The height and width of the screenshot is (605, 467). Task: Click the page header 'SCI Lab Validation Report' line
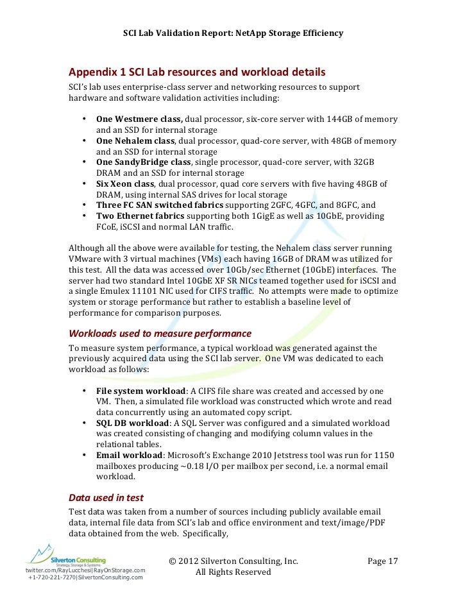pyautogui.click(x=233, y=33)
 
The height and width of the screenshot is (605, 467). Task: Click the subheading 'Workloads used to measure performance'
pyautogui.click(x=160, y=334)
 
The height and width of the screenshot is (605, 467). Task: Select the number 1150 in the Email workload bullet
pyautogui.click(x=383, y=456)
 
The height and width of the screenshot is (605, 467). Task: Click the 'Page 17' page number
pyautogui.click(x=383, y=561)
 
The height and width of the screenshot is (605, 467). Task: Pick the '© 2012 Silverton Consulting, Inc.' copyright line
pyautogui.click(x=234, y=561)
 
